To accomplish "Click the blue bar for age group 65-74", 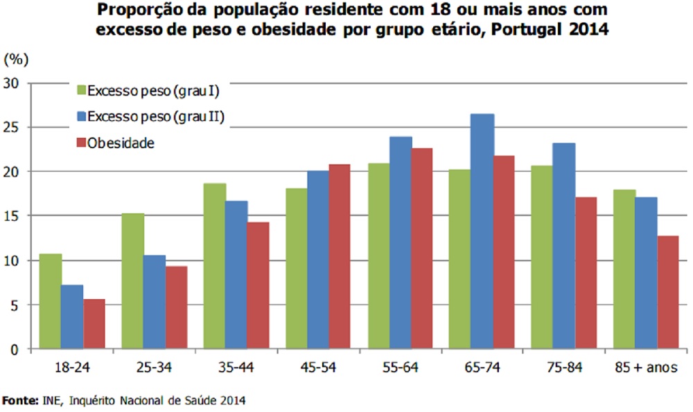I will (482, 232).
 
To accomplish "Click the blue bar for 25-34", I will (155, 302).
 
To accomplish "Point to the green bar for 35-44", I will (215, 266).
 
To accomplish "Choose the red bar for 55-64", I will (421, 249).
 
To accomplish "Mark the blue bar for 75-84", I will (565, 246).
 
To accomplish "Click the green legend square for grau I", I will (81, 90).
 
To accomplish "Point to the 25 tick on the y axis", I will (16, 127).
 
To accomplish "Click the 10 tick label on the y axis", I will (16, 260).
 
